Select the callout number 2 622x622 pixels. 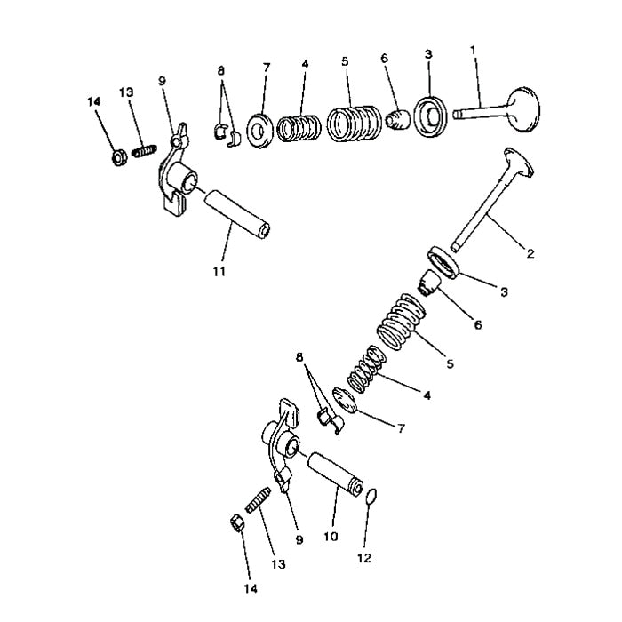530,254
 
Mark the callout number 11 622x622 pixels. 219,269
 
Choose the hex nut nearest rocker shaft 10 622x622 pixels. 237,522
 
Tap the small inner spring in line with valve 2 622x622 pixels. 365,369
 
